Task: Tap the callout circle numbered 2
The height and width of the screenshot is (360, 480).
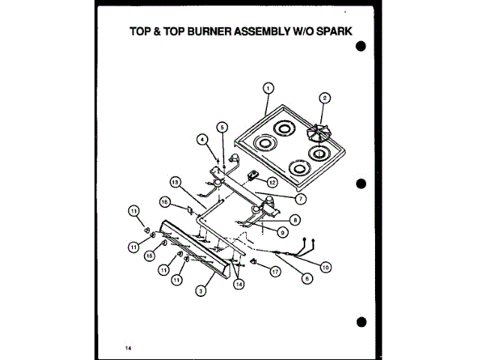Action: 324,97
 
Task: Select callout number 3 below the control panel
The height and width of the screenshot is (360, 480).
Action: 202,290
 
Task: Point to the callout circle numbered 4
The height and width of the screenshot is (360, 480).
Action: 202,139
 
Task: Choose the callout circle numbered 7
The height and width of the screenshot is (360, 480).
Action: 301,199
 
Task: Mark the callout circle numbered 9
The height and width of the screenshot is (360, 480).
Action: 283,232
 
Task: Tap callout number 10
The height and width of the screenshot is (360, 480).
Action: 325,265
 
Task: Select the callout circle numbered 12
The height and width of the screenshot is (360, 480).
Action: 272,182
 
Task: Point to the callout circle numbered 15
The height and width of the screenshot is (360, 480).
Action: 150,256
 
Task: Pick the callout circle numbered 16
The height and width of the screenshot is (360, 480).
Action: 164,201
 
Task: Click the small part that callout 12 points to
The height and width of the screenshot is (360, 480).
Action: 254,178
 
